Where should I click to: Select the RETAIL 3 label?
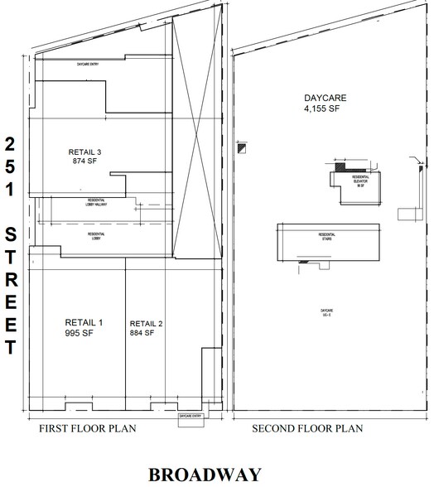85,152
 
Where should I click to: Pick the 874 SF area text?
84,162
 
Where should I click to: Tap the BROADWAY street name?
205,475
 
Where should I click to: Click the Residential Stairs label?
326,236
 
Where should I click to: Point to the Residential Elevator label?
361,180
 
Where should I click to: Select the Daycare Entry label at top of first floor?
89,64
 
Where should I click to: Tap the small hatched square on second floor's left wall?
241,149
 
